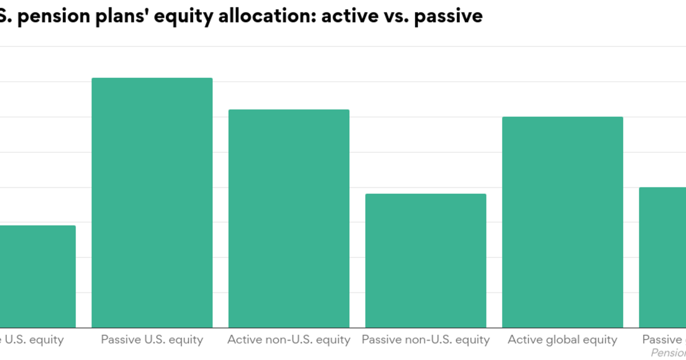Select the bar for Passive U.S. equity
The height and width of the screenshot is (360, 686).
[x=152, y=203]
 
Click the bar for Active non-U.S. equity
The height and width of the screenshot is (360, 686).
[x=289, y=218]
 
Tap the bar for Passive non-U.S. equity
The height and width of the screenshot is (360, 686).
[x=426, y=261]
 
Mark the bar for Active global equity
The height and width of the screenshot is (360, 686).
[x=563, y=222]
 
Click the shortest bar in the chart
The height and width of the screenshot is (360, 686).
[x=37, y=277]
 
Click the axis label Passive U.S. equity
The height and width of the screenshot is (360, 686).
[x=152, y=339]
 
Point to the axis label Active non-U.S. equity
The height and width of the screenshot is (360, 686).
[x=289, y=339]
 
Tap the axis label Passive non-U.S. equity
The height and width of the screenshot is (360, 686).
[x=426, y=339]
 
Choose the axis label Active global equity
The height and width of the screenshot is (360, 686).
[x=563, y=339]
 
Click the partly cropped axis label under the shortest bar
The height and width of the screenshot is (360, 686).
[x=31, y=339]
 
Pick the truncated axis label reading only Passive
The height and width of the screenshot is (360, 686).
[x=664, y=339]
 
